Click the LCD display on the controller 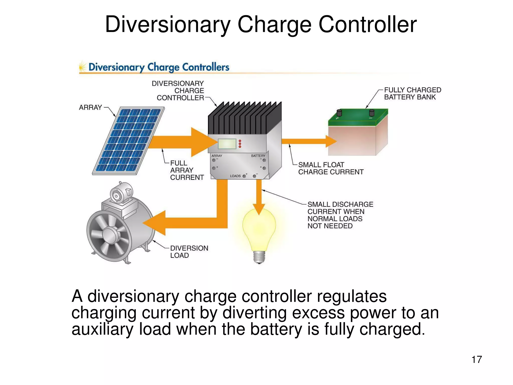click(x=227, y=144)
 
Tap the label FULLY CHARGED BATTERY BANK click(x=412, y=93)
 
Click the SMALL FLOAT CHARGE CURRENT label click(x=331, y=168)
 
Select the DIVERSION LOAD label click(x=189, y=252)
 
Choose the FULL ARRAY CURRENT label click(x=187, y=170)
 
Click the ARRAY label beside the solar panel click(x=90, y=108)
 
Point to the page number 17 click(x=476, y=359)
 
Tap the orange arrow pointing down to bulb click(x=259, y=198)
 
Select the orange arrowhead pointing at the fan click(x=155, y=223)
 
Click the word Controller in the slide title click(x=367, y=25)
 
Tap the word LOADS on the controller click(x=235, y=176)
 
